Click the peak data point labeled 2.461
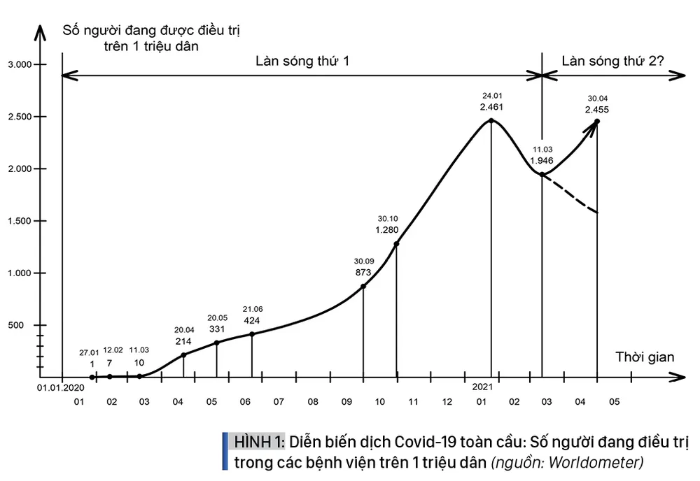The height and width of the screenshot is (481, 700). coord(491,121)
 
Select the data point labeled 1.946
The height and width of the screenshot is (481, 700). coord(542,173)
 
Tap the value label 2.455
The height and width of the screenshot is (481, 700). coord(597,110)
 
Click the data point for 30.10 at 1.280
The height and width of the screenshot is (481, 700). coord(396,244)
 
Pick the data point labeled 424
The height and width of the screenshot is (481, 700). coord(252,334)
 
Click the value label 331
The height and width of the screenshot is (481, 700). coord(217,329)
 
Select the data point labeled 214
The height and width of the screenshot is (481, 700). coord(183,355)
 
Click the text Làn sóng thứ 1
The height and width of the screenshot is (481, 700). coord(302,61)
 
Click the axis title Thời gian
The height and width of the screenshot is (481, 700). coord(645,357)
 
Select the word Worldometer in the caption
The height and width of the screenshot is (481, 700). coord(606,462)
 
